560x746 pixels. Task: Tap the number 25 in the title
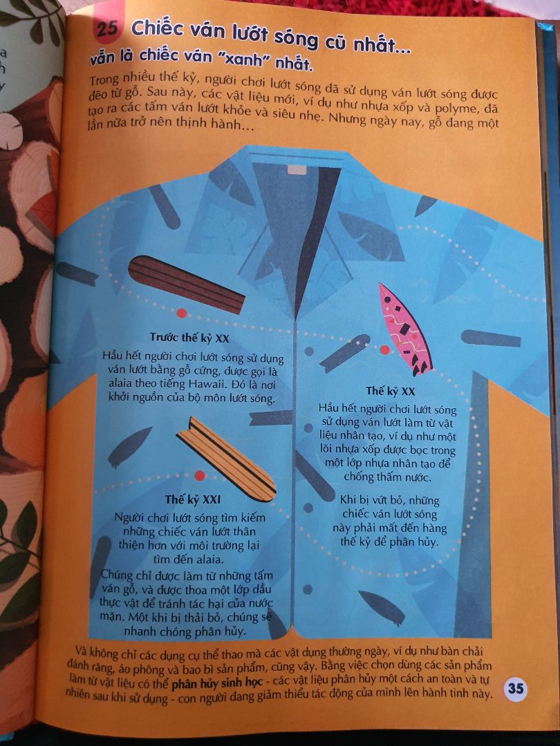tap(107, 28)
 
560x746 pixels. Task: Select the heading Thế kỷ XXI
tap(192, 499)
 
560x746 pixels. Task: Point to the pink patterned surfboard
tap(404, 329)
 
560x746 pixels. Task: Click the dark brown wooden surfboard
tap(186, 285)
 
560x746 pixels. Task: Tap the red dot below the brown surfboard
tap(181, 313)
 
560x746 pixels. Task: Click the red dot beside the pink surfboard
tap(385, 350)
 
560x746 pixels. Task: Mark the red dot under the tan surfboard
tap(200, 475)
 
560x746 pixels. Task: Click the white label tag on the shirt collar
tap(297, 170)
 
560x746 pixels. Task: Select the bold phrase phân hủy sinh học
tap(217, 683)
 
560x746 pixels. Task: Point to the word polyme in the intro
tap(457, 108)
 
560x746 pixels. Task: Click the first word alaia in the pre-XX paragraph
tap(119, 383)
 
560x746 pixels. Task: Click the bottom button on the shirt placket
tap(308, 589)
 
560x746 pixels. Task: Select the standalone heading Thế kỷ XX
tap(391, 391)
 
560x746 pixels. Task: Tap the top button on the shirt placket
tap(309, 351)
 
